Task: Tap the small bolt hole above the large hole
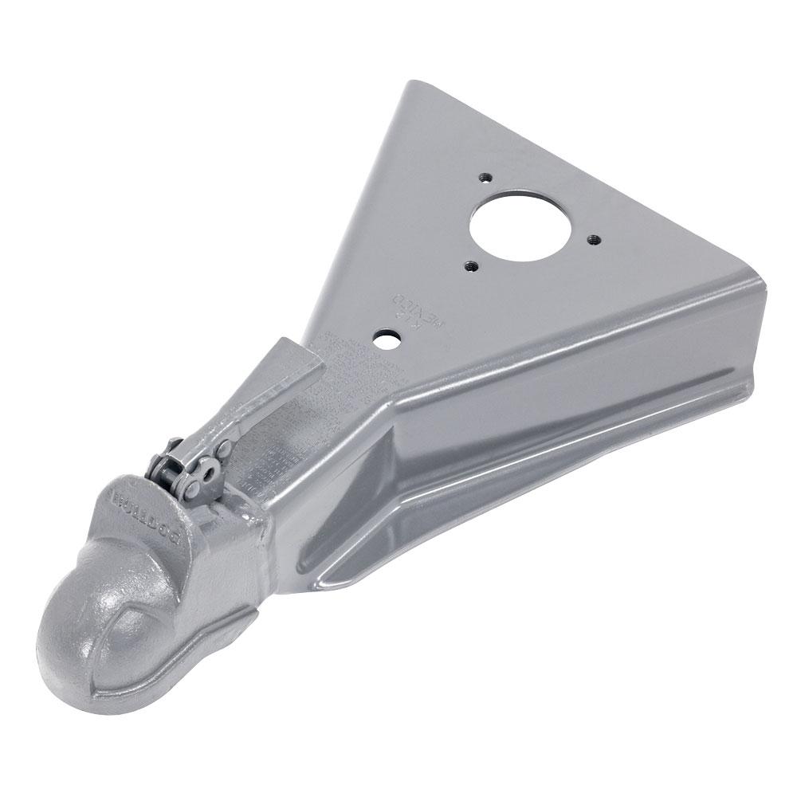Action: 485,178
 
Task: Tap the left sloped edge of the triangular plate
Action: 359,223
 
